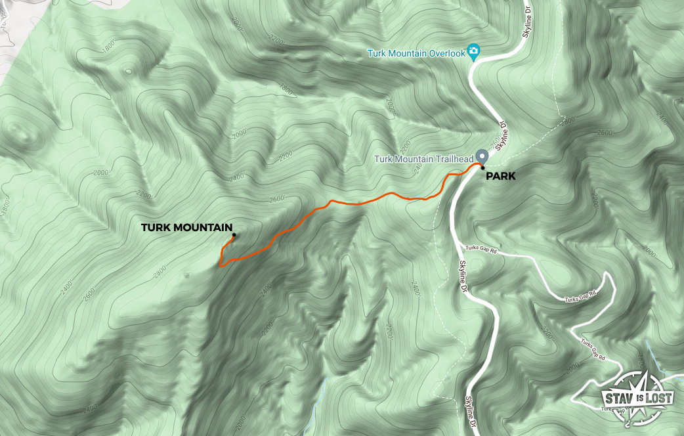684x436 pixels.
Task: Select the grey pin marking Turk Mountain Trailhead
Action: (482, 156)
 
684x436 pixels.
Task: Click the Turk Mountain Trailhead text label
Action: (425, 159)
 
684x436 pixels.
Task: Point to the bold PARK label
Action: (501, 176)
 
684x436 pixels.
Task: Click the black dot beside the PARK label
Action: (482, 167)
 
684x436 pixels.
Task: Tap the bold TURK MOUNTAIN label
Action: (186, 228)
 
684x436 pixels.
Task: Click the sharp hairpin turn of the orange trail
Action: (221, 265)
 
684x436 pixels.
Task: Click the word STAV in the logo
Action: (618, 397)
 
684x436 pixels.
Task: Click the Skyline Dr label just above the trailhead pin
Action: (503, 134)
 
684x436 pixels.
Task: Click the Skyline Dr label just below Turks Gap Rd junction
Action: (463, 276)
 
